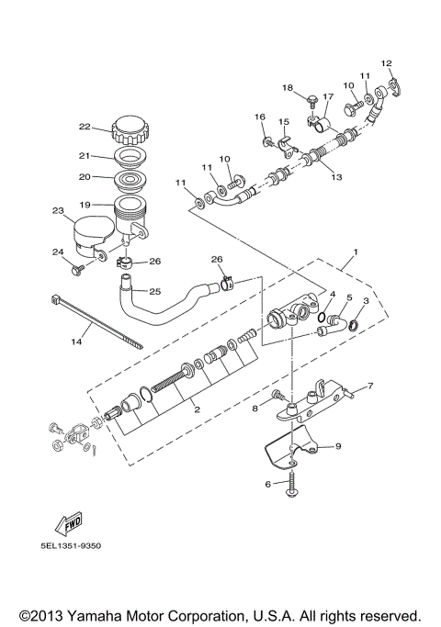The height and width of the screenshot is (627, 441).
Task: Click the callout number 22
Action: coord(84,127)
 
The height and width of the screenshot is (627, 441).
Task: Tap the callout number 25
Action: coord(154,291)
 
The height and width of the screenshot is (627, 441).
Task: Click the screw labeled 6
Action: coord(293,485)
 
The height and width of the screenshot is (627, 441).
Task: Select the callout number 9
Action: coord(337,446)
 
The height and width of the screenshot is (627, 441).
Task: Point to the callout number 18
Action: coord(288,88)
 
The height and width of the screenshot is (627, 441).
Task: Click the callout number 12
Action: coord(387,63)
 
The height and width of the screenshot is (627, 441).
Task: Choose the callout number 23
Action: coord(57,211)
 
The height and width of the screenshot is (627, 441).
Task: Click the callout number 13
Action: coord(336,176)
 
